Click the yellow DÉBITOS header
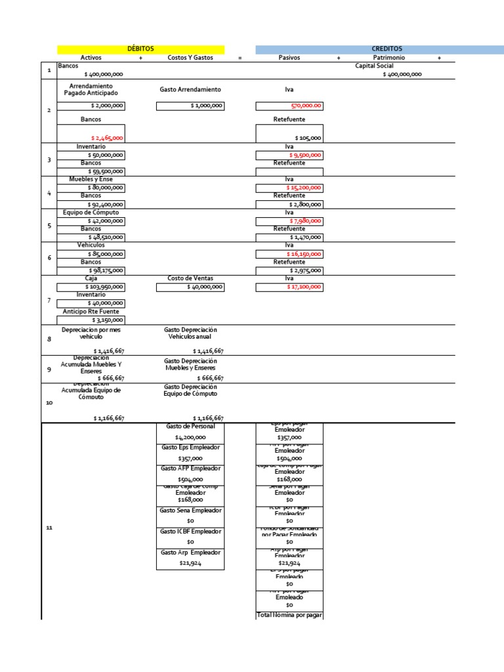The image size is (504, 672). (140, 49)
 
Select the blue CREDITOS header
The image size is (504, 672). (387, 49)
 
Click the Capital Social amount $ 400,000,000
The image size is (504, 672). (402, 75)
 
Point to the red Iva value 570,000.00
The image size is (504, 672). (306, 106)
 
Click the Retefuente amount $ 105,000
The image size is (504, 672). (308, 138)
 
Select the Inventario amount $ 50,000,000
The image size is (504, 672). (106, 155)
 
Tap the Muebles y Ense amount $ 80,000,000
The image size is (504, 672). (106, 188)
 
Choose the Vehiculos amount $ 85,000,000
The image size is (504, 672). (106, 253)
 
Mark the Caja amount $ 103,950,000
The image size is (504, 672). (105, 287)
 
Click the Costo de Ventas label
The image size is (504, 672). (190, 278)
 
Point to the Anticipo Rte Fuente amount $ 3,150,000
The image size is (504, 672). (108, 320)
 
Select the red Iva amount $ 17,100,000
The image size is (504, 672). (304, 287)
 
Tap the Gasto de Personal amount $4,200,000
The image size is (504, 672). (190, 437)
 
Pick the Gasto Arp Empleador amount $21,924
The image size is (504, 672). (190, 563)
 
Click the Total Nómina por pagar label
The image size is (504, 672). (289, 615)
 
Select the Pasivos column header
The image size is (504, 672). (289, 58)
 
